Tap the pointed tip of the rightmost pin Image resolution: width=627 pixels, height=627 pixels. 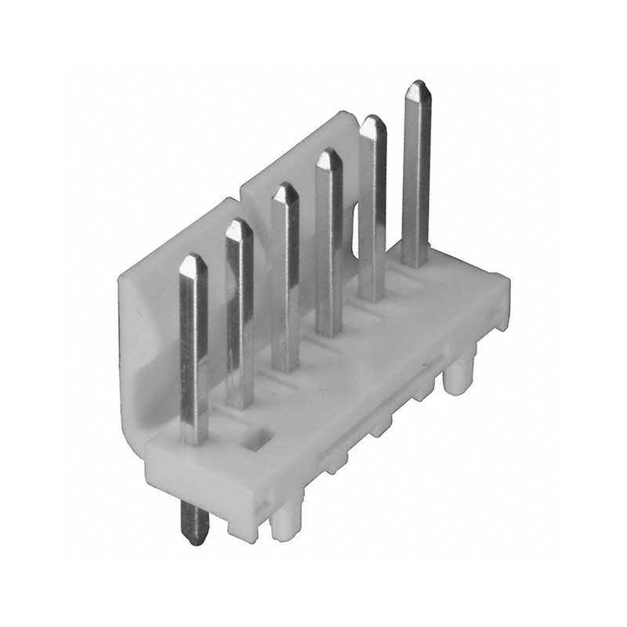418,85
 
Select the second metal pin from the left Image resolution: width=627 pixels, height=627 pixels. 240,313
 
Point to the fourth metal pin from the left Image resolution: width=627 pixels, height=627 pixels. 328,243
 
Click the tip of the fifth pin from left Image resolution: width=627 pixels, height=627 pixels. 374,120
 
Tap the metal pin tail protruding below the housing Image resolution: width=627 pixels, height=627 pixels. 192,522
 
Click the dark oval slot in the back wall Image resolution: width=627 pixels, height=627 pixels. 354,227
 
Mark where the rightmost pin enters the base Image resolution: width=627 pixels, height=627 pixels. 415,263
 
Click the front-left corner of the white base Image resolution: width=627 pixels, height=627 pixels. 150,462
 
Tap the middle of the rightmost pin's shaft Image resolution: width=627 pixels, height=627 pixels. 416,176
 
